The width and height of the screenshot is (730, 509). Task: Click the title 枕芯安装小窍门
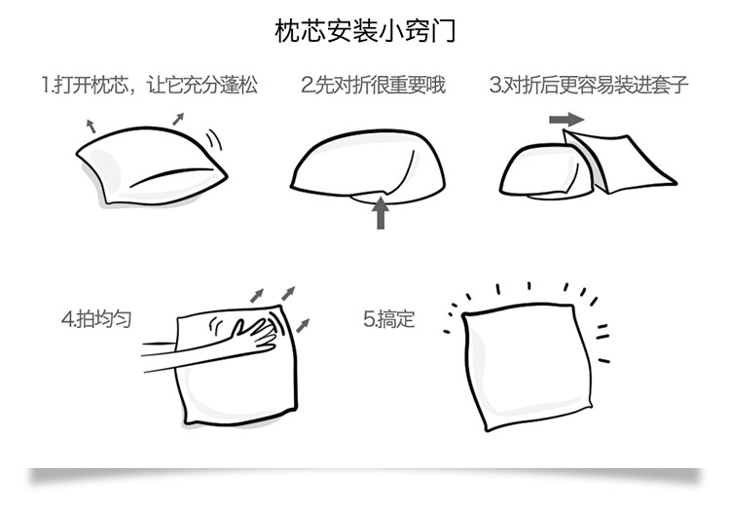coord(365,31)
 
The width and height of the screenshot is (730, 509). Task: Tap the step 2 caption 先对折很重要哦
coord(373,85)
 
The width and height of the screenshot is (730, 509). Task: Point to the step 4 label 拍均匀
coord(96,318)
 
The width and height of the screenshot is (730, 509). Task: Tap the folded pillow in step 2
coord(370,165)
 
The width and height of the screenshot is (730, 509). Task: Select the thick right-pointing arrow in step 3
coord(566,119)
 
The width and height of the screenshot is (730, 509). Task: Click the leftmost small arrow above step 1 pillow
coord(91,125)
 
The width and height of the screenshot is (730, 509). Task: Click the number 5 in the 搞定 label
coord(368,318)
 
